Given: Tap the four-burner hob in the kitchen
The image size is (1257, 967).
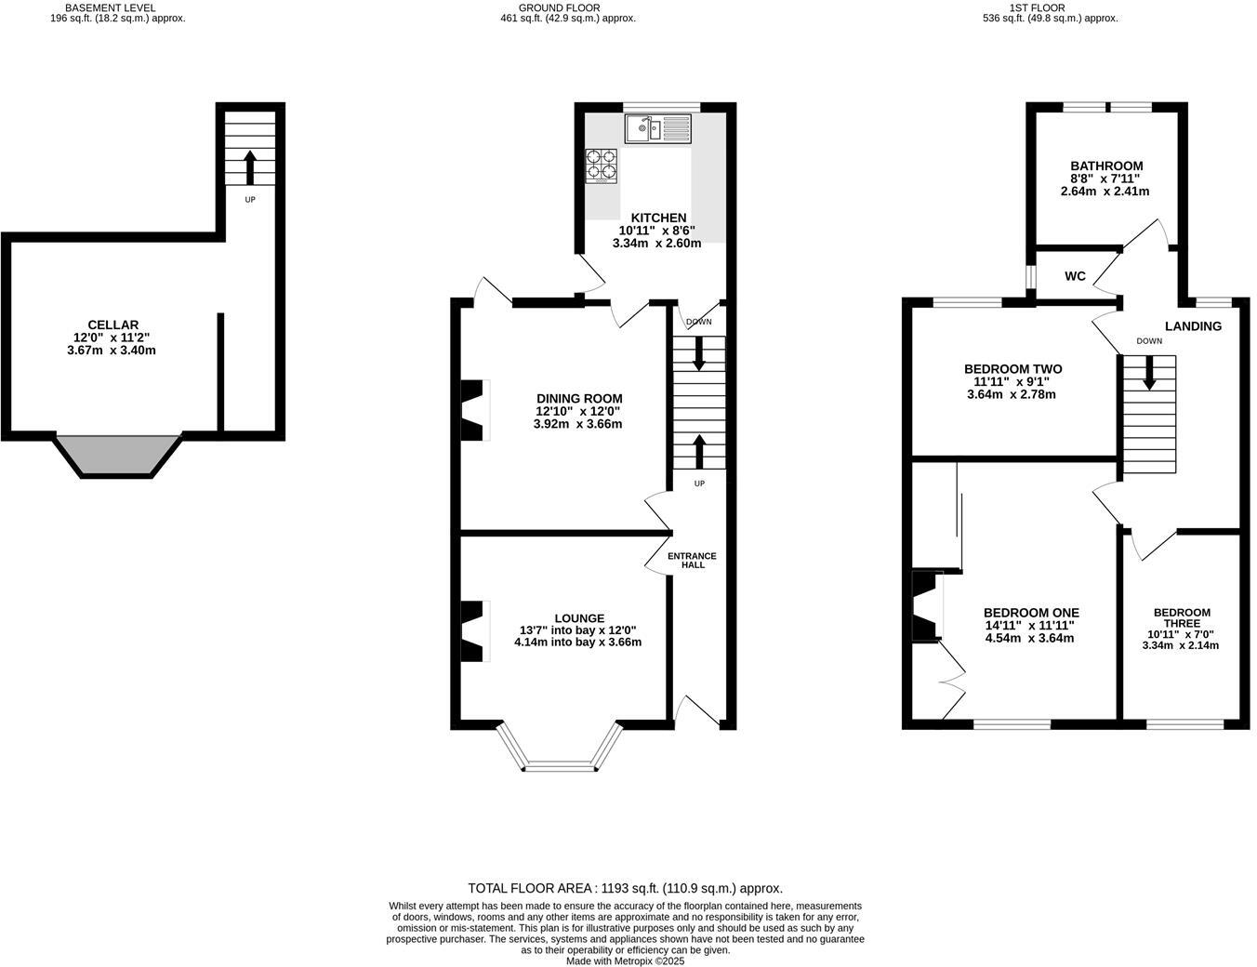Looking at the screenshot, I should (x=601, y=166).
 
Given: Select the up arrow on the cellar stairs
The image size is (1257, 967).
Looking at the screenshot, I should (x=249, y=167).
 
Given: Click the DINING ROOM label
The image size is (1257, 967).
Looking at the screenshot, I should (x=578, y=398).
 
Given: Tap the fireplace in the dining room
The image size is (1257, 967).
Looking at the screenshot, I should (x=474, y=409).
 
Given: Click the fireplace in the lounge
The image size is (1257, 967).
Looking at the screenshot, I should (x=474, y=631).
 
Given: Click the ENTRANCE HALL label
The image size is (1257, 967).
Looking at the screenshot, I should (x=693, y=560).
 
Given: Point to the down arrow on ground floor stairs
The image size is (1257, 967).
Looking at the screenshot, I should (x=699, y=351).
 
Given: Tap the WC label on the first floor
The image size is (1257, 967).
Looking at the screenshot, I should (x=1075, y=276).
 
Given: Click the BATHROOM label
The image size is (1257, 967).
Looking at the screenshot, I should (x=1105, y=166).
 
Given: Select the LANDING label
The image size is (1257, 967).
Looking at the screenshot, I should (x=1193, y=326).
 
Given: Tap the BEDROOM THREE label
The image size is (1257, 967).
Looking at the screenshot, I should (x=1182, y=617).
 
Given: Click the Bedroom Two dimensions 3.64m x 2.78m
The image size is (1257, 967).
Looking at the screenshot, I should (x=1012, y=394).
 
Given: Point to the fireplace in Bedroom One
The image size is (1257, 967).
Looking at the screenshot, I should (x=927, y=607).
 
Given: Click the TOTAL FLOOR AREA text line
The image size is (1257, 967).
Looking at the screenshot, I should (x=625, y=888).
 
